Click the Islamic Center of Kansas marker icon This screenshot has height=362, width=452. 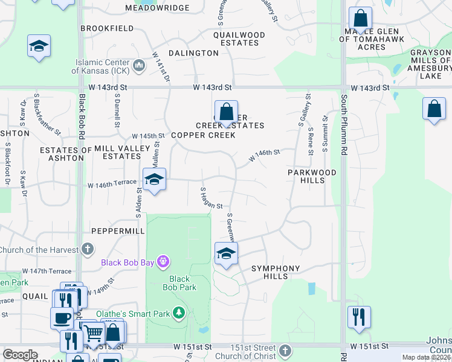coord(138,65)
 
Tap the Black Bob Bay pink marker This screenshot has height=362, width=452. coord(162,262)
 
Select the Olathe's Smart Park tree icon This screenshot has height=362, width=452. coord(178,313)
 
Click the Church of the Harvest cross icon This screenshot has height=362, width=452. coord(88,249)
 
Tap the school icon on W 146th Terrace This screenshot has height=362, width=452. coord(154,179)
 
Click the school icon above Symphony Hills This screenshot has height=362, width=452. coord(226,253)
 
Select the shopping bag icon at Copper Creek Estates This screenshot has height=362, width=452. coord(226,112)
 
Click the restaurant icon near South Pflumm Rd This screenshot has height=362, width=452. coord(359,316)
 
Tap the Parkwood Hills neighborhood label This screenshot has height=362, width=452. coord(306,177)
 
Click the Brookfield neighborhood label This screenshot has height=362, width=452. coord(106,28)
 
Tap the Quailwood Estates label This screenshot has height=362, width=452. coord(239,39)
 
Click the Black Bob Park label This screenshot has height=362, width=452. coord(179,283)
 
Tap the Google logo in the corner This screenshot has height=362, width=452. coord(20,354)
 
